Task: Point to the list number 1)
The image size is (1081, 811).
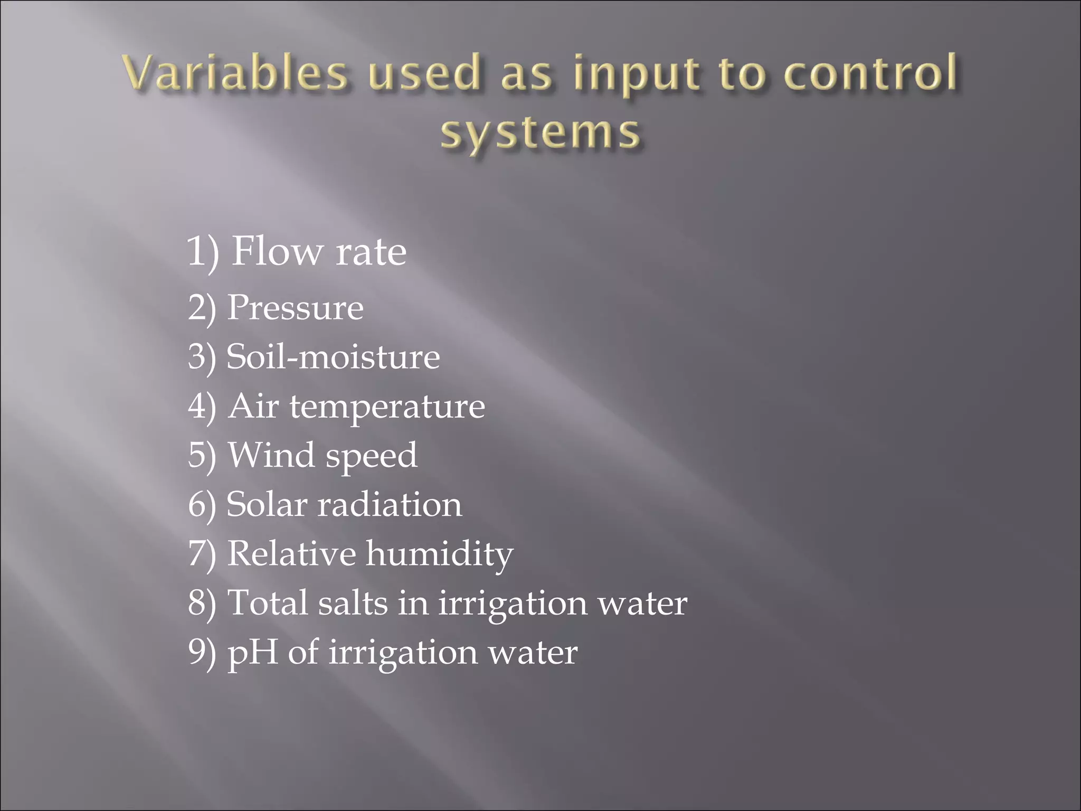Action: click(x=203, y=252)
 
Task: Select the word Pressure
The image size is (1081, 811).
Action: click(x=295, y=307)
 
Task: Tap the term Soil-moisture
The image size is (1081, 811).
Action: click(x=333, y=356)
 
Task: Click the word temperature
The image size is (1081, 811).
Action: click(x=387, y=407)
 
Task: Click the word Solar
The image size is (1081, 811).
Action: click(x=267, y=504)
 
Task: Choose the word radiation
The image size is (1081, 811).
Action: click(x=389, y=504)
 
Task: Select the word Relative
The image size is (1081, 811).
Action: click(x=291, y=553)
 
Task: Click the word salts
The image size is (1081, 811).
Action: click(x=353, y=602)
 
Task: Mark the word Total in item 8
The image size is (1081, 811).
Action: click(x=267, y=602)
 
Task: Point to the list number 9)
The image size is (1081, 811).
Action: click(x=202, y=653)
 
